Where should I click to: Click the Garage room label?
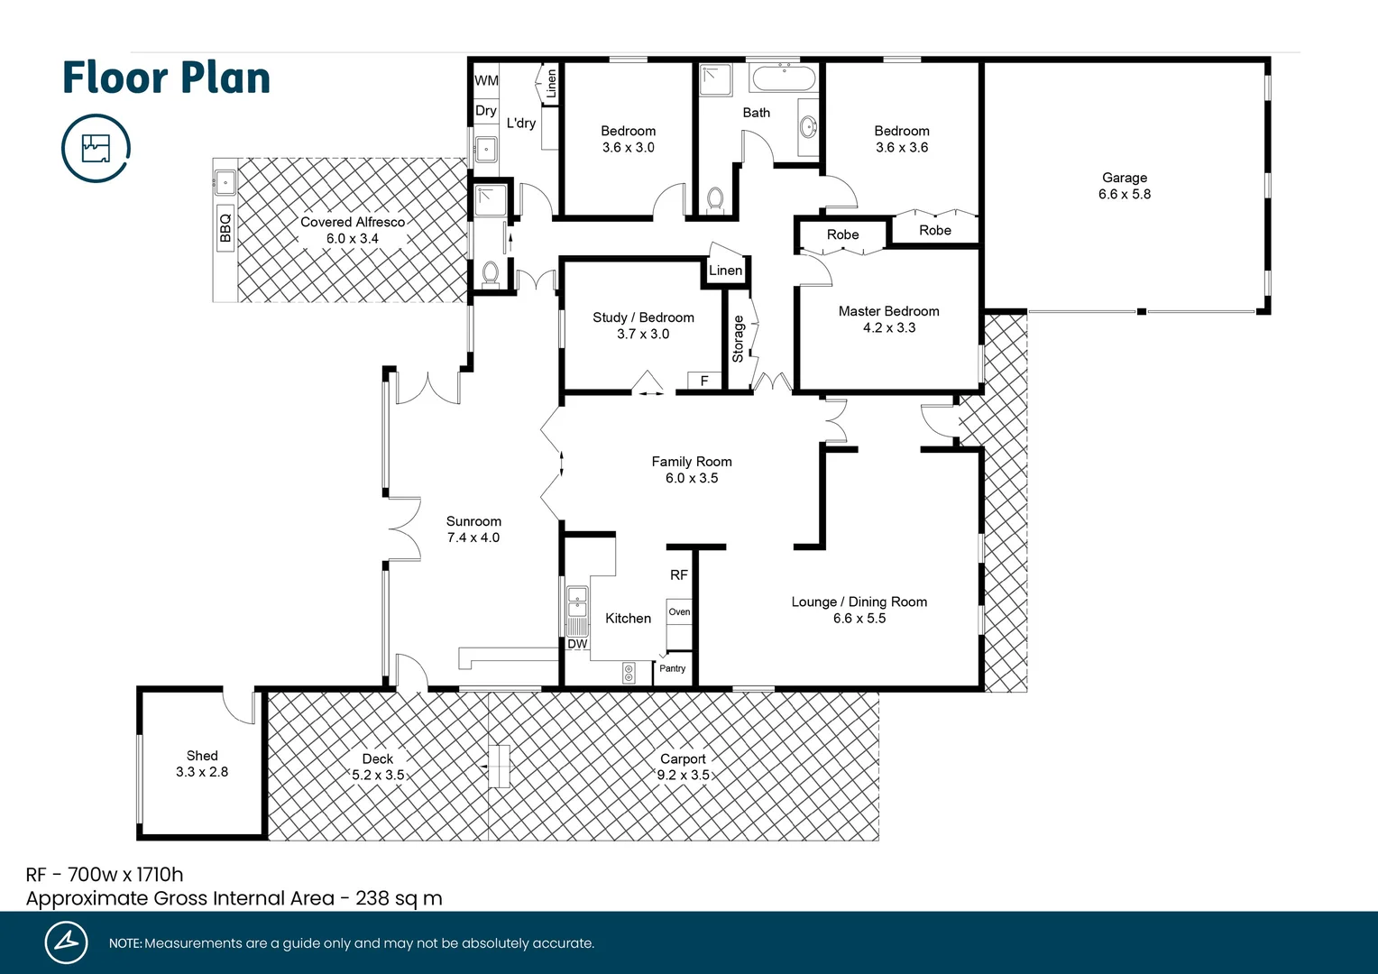click(1124, 178)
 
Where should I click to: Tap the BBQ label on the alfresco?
click(225, 228)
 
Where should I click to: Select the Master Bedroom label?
click(888, 311)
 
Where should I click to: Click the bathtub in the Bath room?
click(784, 78)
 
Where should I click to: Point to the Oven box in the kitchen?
click(679, 611)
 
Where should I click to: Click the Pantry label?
click(672, 668)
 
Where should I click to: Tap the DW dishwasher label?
click(577, 644)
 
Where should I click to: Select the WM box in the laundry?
click(486, 80)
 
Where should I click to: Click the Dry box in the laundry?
click(486, 110)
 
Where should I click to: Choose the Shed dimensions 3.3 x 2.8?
click(202, 772)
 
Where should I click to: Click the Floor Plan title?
click(167, 78)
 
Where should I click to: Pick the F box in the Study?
click(704, 381)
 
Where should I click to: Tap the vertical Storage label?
click(738, 339)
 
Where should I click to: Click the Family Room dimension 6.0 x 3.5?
click(692, 478)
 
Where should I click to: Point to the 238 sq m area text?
click(399, 898)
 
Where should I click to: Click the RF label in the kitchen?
click(679, 574)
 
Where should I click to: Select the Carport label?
click(683, 758)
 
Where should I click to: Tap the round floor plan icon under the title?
click(96, 148)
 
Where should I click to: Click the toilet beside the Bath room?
click(715, 198)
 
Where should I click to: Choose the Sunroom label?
click(473, 521)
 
